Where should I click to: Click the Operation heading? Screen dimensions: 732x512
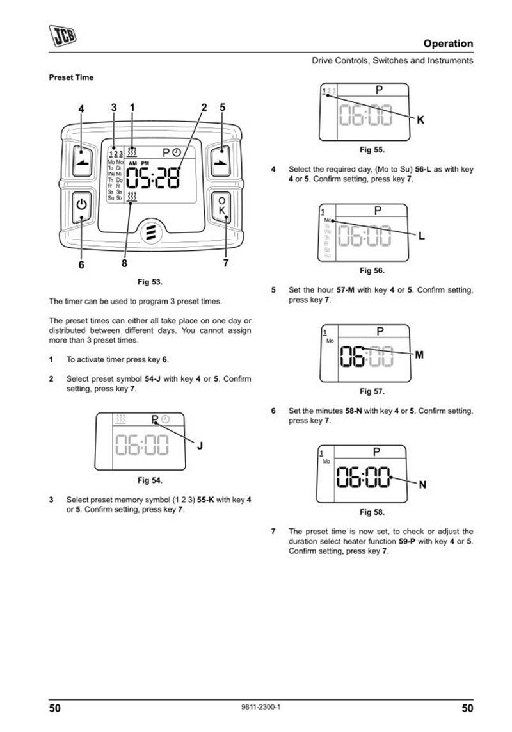(448, 44)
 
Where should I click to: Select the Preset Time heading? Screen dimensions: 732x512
(71, 77)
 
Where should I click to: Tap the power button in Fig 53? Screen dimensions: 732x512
(81, 206)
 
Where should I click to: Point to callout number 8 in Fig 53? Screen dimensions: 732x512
(124, 263)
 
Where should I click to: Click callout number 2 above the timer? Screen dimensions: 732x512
(204, 108)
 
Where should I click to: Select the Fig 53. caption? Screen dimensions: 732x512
(150, 281)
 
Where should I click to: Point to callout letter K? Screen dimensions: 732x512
(420, 120)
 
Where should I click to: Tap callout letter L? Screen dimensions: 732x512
(421, 236)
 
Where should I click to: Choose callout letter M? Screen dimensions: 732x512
(419, 355)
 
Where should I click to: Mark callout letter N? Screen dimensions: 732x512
(422, 485)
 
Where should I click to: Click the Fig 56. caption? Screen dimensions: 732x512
(372, 270)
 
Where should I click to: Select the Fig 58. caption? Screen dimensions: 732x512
(372, 512)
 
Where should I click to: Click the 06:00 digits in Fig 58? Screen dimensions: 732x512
(364, 477)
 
